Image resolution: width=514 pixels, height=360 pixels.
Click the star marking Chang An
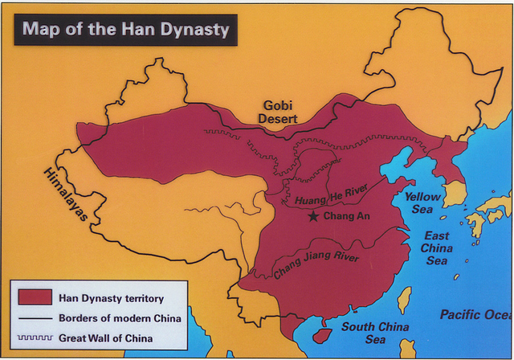click(313, 216)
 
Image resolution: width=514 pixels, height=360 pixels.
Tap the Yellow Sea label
click(422, 202)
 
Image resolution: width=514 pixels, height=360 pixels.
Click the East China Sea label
click(437, 247)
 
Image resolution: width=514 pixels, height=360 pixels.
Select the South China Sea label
click(375, 333)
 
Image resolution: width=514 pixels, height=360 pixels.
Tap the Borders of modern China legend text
click(120, 318)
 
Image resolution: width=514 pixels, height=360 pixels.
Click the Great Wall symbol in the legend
click(34, 338)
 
